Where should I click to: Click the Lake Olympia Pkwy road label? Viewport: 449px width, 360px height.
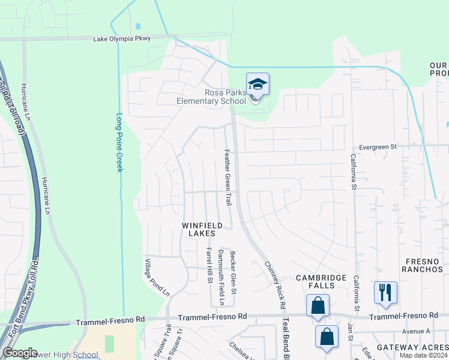[122, 38]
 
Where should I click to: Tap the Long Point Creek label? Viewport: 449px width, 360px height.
[119, 143]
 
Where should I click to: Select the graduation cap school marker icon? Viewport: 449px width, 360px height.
[258, 85]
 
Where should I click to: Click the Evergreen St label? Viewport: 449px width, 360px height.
[378, 146]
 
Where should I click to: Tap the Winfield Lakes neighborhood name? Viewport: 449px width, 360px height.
[202, 229]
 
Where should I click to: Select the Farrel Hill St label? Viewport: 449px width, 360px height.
[209, 265]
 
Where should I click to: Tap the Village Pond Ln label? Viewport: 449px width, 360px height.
[157, 277]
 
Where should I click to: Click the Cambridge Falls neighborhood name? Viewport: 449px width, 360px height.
[321, 281]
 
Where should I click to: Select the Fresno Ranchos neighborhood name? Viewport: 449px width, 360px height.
[424, 265]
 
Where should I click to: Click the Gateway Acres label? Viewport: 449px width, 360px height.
[411, 347]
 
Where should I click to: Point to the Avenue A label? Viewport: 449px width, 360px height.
[416, 331]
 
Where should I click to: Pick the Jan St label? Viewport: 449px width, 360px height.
[350, 332]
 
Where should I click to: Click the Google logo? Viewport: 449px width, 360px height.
[20, 352]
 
